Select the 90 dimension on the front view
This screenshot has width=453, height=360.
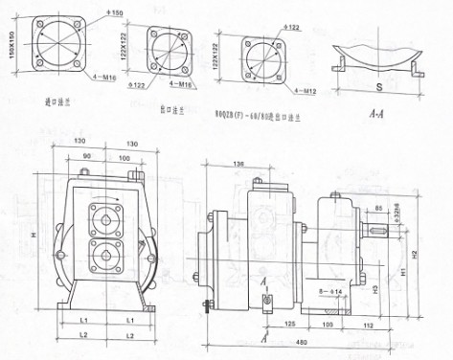pyautogui.click(x=87, y=156)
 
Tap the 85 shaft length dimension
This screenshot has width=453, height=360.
pyautogui.click(x=381, y=208)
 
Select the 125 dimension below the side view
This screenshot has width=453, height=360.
pyautogui.click(x=288, y=325)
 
